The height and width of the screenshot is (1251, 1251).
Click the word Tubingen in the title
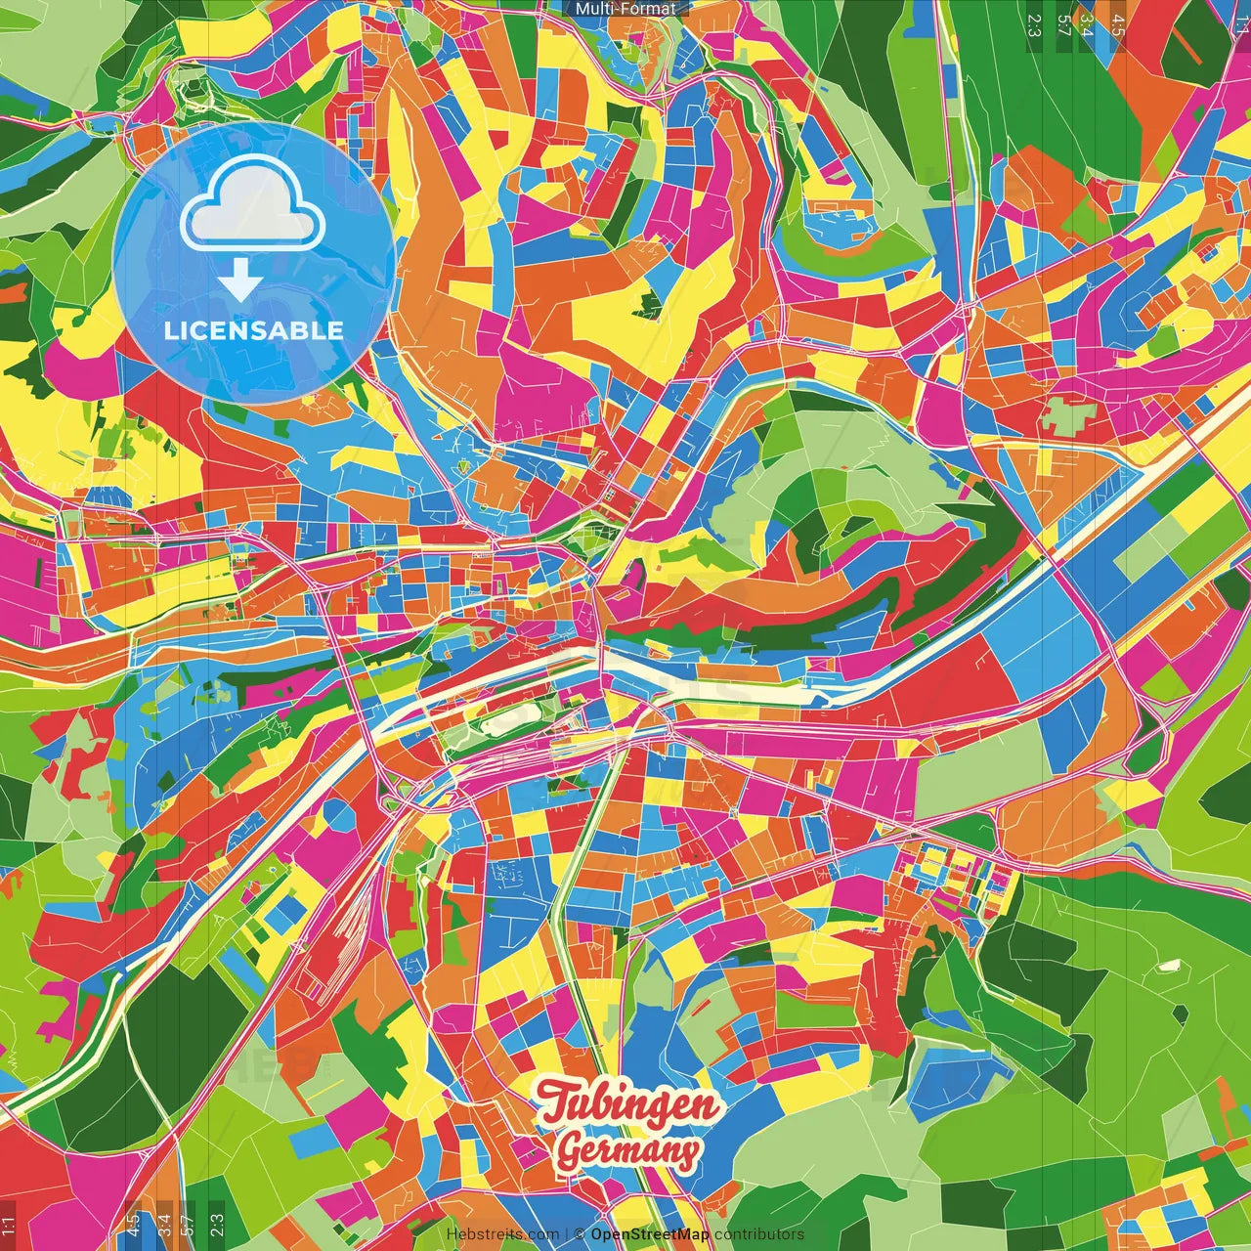tap(628, 1104)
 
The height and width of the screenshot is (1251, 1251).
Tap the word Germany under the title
tap(628, 1152)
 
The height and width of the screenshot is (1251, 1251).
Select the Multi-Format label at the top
tap(625, 9)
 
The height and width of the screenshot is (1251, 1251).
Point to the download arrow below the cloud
tap(239, 282)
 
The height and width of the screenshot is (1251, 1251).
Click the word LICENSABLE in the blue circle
tap(254, 330)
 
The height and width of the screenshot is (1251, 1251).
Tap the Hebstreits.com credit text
tap(502, 1234)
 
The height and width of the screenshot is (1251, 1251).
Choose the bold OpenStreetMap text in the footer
tap(650, 1234)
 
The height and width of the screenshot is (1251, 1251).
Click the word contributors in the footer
tap(759, 1234)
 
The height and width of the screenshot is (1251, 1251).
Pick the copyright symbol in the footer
tap(579, 1234)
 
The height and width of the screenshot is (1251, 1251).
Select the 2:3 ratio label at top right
tap(1034, 24)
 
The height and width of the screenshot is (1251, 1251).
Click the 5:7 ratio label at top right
tap(1064, 24)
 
